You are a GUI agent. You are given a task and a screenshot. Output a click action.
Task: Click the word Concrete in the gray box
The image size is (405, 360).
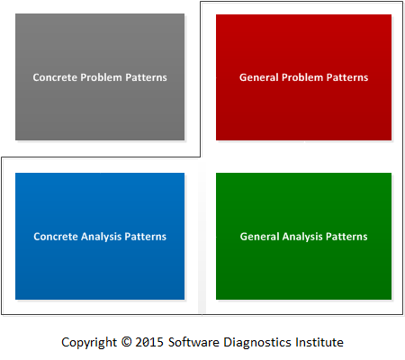click(55, 77)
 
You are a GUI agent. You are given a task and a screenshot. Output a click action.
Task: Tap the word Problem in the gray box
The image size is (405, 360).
click(102, 77)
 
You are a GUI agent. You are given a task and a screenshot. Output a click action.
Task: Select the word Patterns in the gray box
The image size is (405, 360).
click(146, 77)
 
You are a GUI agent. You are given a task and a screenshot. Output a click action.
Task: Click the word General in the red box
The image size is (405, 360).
click(259, 77)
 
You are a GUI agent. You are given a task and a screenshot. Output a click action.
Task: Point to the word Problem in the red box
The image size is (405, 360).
click(302, 77)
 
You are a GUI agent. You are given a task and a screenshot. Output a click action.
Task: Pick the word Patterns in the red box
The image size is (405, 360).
click(347, 77)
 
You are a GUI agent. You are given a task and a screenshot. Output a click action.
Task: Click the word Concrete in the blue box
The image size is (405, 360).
click(56, 237)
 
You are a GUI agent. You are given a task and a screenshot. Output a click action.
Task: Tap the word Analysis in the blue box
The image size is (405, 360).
click(102, 237)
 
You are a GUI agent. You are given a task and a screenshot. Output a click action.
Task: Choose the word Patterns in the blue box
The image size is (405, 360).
click(146, 237)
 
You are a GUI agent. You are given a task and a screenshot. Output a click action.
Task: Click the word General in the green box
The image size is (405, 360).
click(260, 237)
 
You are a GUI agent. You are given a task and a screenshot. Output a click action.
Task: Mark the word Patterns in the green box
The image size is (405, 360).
click(346, 237)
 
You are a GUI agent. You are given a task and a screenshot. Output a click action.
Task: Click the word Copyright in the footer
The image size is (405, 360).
click(89, 343)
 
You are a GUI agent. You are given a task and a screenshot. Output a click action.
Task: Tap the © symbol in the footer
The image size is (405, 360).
click(126, 342)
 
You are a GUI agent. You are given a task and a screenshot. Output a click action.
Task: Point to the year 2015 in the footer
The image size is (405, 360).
click(149, 342)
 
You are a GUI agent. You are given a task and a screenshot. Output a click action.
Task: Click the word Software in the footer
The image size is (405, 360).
click(193, 342)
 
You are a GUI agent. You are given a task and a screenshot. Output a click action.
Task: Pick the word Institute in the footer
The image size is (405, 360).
click(319, 342)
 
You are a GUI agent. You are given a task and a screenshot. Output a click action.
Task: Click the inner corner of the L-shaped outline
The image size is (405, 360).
click(200, 157)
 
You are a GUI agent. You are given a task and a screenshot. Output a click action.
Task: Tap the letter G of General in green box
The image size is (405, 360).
click(244, 237)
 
